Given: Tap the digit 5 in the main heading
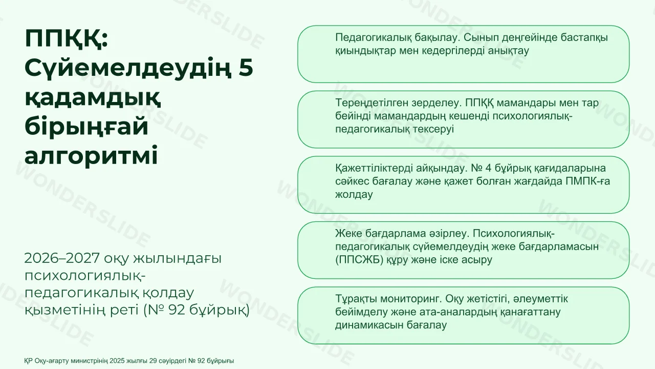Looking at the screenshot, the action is click(246, 68).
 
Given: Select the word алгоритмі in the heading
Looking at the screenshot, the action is click(91, 155).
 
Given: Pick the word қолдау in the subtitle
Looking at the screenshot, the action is click(168, 293).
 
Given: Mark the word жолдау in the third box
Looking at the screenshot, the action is click(354, 194).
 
